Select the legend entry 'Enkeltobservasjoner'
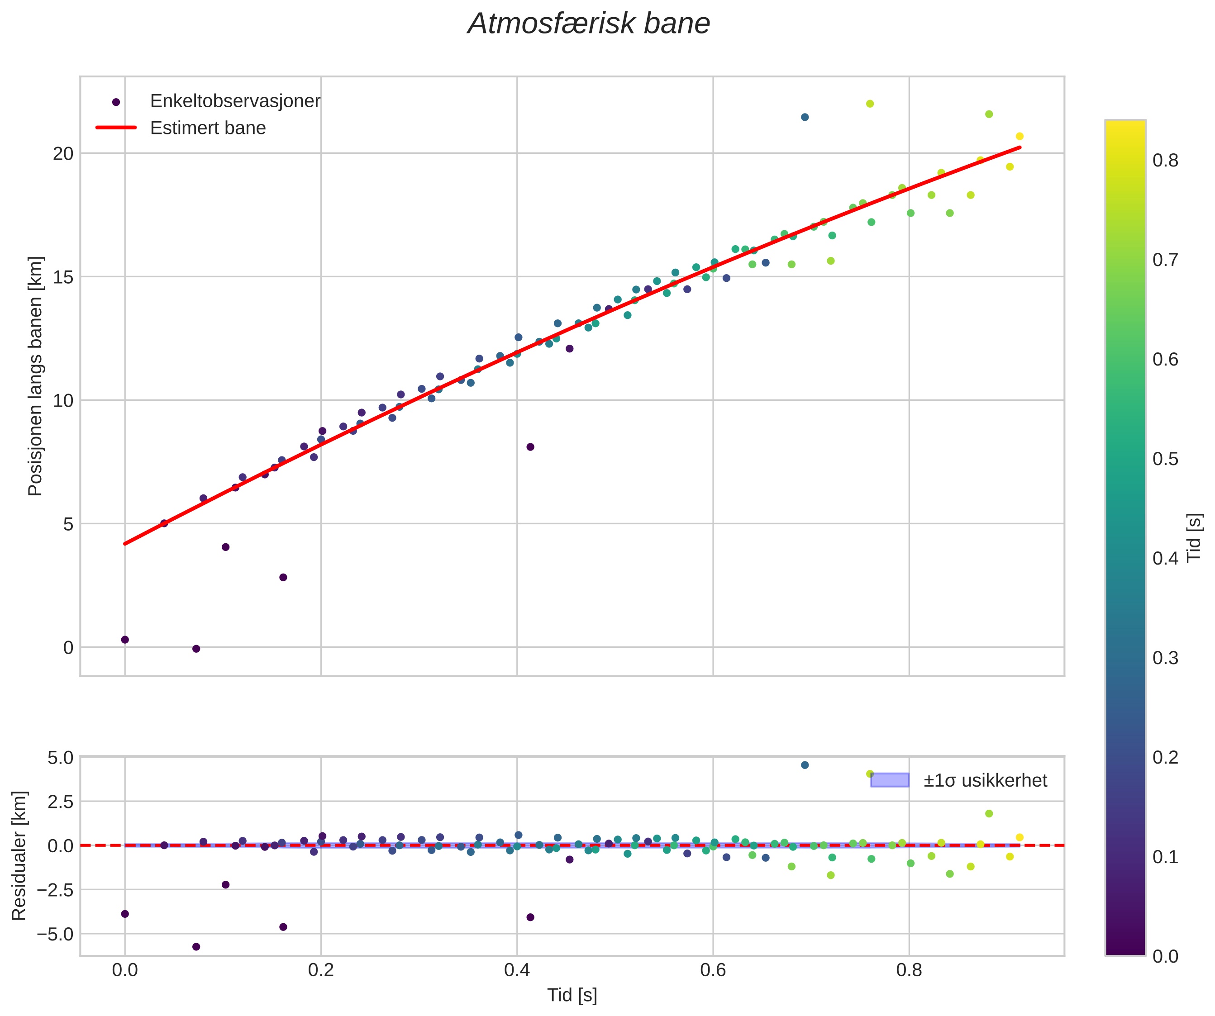coord(234,101)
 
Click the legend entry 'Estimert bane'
coord(208,128)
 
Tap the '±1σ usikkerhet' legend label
coord(985,781)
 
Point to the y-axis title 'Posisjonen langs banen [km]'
coord(35,376)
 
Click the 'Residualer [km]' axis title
coord(19,856)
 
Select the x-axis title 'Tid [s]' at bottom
coord(572,995)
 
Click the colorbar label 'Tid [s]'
coord(1194,538)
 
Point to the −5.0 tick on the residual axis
coord(56,934)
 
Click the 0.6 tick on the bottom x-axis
coord(713,970)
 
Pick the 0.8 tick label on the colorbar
coord(1165,161)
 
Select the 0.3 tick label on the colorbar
coord(1165,658)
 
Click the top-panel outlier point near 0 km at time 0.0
coord(125,640)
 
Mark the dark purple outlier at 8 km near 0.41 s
coord(530,447)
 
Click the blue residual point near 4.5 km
coord(805,765)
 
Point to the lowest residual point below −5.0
coord(196,947)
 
